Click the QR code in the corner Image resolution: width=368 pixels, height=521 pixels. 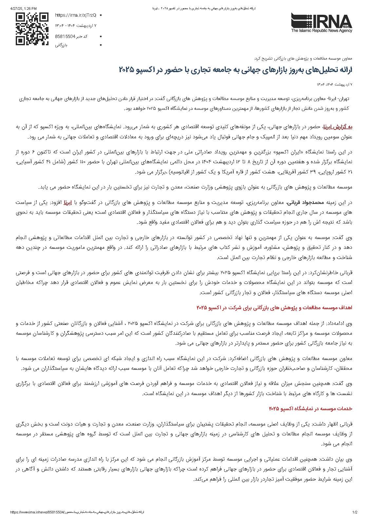[32, 29]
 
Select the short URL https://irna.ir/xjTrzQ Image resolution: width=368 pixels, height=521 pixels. [75, 15]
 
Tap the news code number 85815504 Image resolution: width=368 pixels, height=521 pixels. [65, 36]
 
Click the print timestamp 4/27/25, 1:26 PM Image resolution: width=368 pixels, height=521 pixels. [23, 8]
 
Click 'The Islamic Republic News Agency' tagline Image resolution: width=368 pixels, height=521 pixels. [321, 31]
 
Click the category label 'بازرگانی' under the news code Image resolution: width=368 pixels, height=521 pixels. [61, 45]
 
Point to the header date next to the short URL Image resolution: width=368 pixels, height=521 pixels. [76, 25]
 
